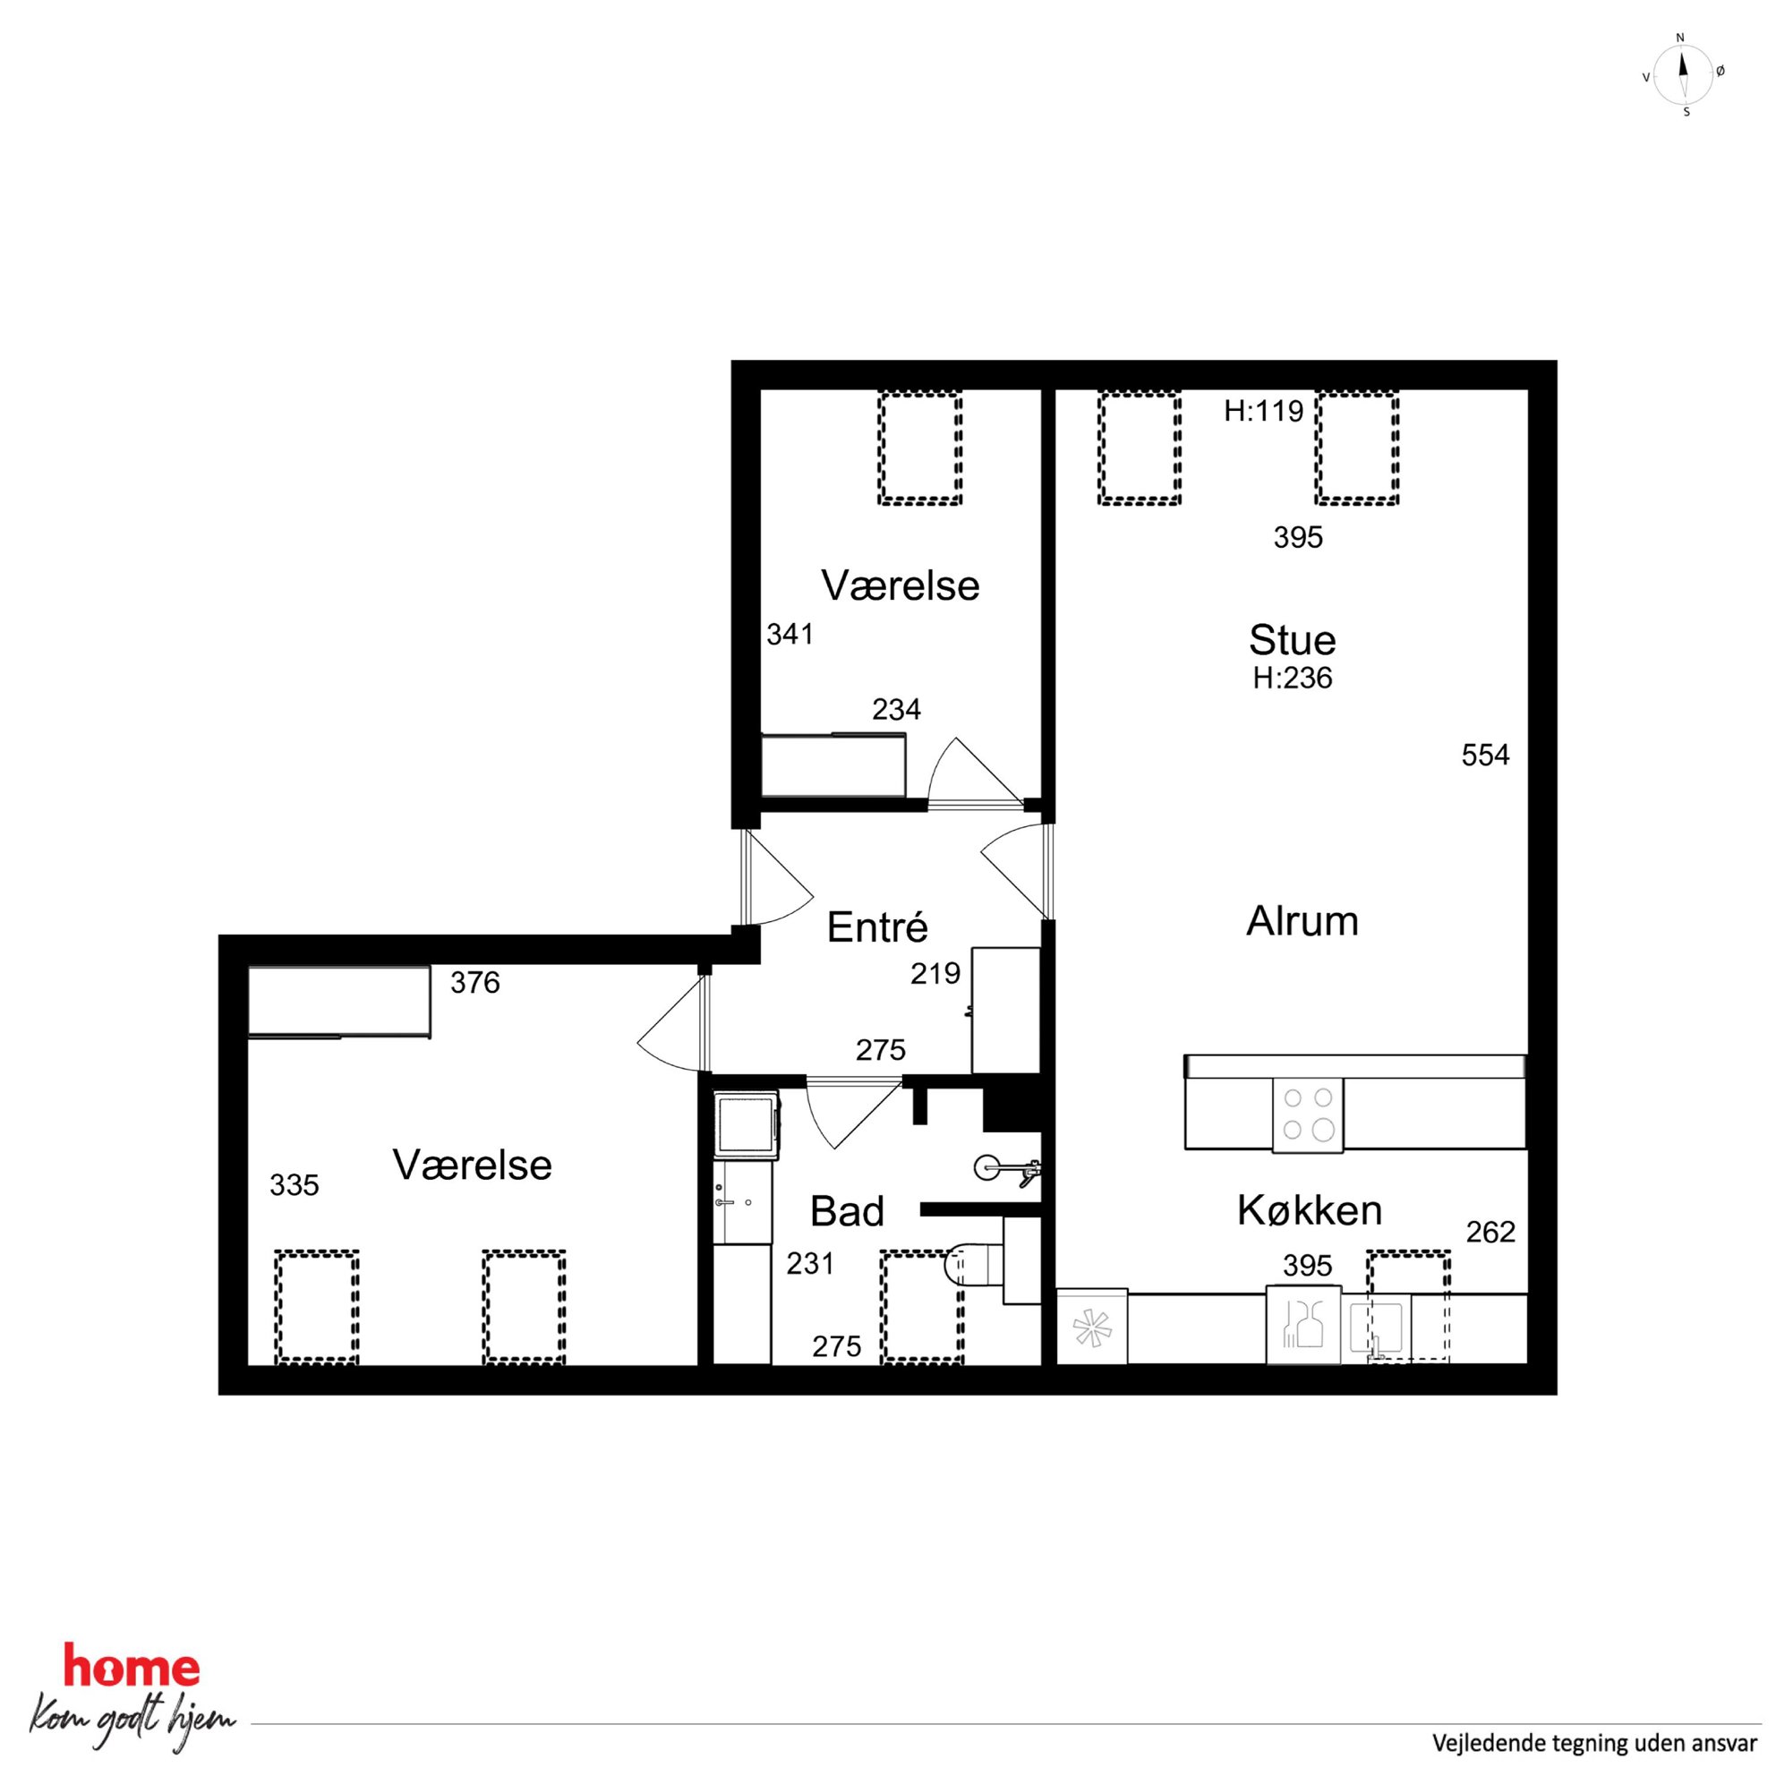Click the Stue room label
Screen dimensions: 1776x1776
point(1292,640)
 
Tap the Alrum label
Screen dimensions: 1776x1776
point(1302,921)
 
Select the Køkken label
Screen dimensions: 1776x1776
point(1309,1210)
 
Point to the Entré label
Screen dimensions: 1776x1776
point(877,927)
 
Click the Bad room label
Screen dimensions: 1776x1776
point(847,1213)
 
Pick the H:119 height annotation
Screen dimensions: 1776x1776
point(1263,411)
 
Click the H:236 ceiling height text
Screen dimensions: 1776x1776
point(1292,678)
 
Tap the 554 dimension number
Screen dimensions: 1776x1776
point(1485,756)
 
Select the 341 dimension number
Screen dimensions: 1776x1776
point(790,635)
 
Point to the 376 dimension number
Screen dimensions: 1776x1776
point(474,984)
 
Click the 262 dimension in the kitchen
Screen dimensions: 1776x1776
point(1490,1232)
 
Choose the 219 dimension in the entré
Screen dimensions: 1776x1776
point(935,974)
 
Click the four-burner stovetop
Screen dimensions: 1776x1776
point(1307,1114)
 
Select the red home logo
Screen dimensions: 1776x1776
point(132,1665)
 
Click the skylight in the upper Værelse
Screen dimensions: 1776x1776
point(920,448)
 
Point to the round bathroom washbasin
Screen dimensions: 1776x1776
point(987,1167)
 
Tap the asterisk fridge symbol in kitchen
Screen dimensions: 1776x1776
point(1092,1327)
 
